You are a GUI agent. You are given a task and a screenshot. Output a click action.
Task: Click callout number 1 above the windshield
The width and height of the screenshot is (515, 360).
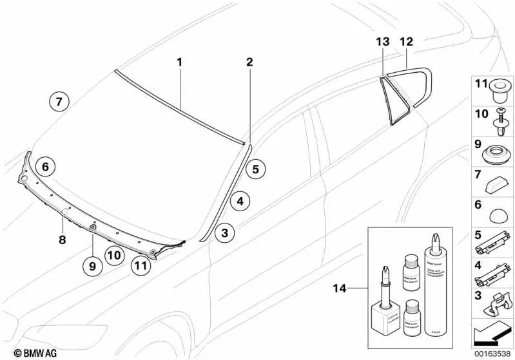pyautogui.click(x=180, y=62)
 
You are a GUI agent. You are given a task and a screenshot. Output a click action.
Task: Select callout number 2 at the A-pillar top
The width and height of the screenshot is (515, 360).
pyautogui.click(x=249, y=62)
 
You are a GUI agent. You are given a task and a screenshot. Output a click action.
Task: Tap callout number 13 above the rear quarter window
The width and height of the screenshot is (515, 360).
pyautogui.click(x=383, y=42)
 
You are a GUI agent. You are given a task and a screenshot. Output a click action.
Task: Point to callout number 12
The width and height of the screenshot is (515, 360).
pyautogui.click(x=406, y=42)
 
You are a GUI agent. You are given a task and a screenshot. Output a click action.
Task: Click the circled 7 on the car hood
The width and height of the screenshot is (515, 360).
pyautogui.click(x=58, y=101)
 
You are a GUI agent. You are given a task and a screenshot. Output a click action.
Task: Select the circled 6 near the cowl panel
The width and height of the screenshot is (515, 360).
pyautogui.click(x=44, y=167)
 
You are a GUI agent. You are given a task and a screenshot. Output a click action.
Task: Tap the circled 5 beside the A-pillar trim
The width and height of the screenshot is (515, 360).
pyautogui.click(x=255, y=169)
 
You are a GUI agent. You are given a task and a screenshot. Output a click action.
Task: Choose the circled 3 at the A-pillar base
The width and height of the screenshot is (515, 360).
pyautogui.click(x=224, y=232)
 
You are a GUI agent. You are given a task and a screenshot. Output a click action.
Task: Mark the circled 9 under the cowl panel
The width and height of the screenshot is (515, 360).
pyautogui.click(x=92, y=264)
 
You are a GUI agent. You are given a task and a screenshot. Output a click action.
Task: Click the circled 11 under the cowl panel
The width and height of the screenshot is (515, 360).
pyautogui.click(x=141, y=264)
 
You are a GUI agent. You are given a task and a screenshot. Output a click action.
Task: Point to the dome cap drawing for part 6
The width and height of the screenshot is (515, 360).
pyautogui.click(x=498, y=220)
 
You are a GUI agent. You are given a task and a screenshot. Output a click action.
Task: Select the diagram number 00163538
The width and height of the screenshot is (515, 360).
pyautogui.click(x=492, y=352)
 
